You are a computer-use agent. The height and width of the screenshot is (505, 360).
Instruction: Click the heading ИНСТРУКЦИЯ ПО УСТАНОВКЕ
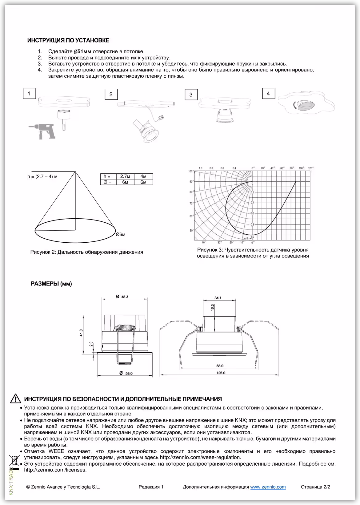click(68, 40)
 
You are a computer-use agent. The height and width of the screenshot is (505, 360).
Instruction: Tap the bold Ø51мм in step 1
click(83, 51)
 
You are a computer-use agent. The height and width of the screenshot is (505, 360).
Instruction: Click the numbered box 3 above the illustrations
click(191, 95)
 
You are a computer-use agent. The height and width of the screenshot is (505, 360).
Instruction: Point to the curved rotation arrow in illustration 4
click(295, 105)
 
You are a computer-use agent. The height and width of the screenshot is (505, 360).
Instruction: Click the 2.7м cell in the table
click(125, 176)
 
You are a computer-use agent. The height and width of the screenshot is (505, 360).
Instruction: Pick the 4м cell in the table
click(143, 176)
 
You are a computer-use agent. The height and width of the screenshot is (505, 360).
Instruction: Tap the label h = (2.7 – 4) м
click(42, 176)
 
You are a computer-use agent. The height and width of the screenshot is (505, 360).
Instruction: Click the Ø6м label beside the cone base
click(121, 235)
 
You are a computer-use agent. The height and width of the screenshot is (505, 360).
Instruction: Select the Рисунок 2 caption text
click(86, 252)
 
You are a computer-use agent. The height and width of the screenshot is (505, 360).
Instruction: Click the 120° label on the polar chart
click(310, 168)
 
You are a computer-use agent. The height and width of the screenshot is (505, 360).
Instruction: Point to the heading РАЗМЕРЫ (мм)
click(51, 284)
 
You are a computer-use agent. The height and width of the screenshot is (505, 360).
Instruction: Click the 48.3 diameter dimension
click(125, 297)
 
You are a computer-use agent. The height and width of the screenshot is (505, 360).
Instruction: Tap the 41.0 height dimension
click(81, 333)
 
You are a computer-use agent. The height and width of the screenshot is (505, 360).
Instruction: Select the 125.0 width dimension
click(221, 373)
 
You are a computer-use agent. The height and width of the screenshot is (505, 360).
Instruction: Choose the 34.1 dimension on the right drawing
click(218, 298)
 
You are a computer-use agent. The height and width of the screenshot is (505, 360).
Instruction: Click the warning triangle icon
click(15, 398)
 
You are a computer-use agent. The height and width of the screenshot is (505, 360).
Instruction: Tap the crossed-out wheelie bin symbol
click(14, 461)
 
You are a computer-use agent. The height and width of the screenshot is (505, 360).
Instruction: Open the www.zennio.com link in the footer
click(268, 487)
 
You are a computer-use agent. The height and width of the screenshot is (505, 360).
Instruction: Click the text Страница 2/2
click(315, 487)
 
